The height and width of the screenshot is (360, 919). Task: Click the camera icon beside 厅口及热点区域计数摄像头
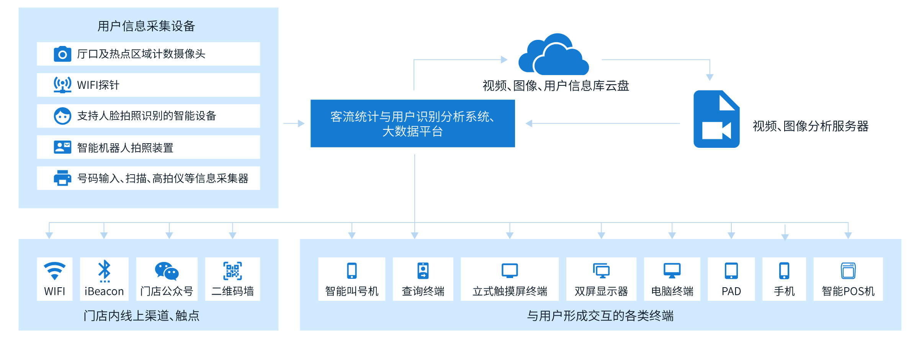tap(62, 54)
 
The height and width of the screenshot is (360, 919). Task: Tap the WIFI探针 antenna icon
tap(62, 85)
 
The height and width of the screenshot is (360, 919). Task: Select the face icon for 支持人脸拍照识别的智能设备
tap(62, 116)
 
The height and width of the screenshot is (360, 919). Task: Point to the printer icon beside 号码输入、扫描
tap(62, 178)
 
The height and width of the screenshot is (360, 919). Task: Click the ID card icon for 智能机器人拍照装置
tap(62, 147)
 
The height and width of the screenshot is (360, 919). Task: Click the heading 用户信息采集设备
tap(146, 26)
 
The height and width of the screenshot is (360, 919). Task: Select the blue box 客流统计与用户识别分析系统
tap(412, 123)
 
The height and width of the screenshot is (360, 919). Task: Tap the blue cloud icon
tap(553, 56)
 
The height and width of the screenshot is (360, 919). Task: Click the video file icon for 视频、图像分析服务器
tap(716, 119)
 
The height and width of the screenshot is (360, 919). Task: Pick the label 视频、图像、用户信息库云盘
tap(556, 86)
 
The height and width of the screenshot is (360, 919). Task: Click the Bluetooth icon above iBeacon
tap(104, 271)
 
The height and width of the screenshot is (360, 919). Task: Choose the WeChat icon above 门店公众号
tap(167, 271)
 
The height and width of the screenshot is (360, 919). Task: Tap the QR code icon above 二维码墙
tap(232, 271)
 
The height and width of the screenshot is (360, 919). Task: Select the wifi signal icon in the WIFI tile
tap(54, 271)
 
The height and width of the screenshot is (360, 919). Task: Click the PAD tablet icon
tap(731, 271)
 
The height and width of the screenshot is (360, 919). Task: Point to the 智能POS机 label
tap(848, 291)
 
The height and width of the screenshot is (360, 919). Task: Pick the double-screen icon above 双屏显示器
tap(601, 271)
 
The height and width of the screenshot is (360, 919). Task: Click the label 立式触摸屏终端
tap(510, 291)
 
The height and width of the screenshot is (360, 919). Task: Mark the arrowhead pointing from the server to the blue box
tap(529, 123)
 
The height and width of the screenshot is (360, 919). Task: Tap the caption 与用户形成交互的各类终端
tap(600, 316)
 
